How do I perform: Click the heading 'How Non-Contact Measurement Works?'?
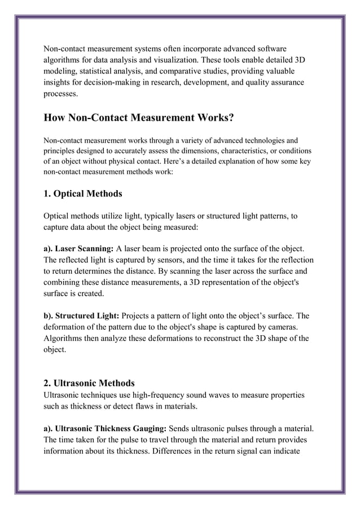(139, 119)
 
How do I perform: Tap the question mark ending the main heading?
(230, 119)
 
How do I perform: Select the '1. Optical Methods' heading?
(82, 194)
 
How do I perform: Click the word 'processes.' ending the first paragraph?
(61, 95)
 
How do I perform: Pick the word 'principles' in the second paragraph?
(63, 151)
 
